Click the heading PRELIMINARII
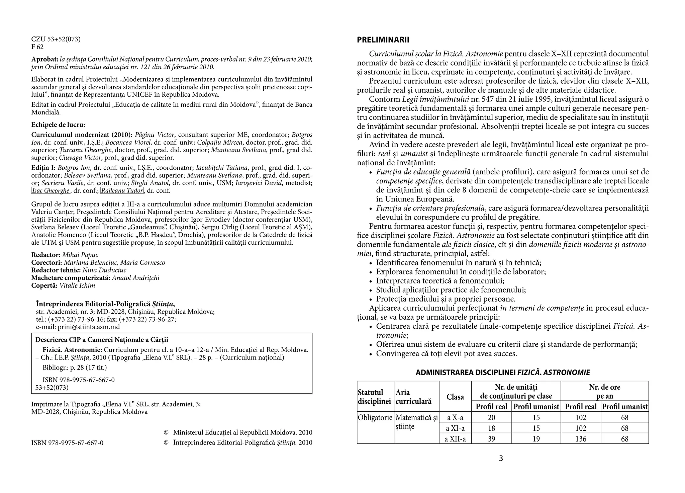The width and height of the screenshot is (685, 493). (383, 40)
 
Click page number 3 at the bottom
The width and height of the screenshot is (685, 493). (501, 459)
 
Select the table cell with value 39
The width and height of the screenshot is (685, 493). (491, 439)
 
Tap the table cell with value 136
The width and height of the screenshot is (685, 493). (581, 439)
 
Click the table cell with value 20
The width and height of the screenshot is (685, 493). (491, 417)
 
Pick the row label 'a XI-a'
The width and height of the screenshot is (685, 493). (455, 428)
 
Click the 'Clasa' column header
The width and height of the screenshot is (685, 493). (455, 397)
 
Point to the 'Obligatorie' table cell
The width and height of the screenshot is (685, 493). (375, 418)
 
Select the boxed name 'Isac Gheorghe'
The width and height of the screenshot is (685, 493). (51, 191)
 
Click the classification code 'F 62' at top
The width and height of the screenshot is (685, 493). (37, 47)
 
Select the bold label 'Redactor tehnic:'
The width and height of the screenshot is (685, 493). (56, 270)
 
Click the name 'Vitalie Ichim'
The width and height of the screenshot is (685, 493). (77, 285)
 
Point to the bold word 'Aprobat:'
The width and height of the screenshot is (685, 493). (45, 59)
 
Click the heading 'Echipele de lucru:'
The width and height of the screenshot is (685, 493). (58, 125)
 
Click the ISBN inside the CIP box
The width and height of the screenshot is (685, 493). (79, 380)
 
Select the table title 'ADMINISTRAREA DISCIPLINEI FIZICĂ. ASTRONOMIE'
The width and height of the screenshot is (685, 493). (503, 373)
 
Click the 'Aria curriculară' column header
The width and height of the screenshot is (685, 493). (413, 397)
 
